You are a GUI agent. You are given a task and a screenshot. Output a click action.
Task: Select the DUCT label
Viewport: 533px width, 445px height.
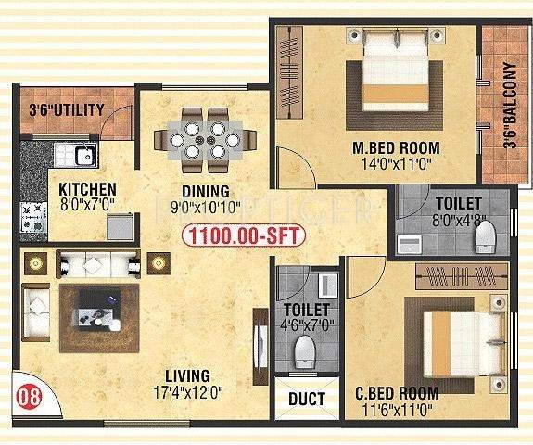pos(307,400)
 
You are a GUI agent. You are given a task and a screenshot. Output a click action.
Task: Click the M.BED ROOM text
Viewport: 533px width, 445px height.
pos(396,148)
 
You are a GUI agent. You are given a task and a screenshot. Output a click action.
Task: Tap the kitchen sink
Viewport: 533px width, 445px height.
pos(72,155)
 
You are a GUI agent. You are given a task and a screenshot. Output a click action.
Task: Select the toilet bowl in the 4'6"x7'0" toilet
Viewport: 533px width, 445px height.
pos(303,350)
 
